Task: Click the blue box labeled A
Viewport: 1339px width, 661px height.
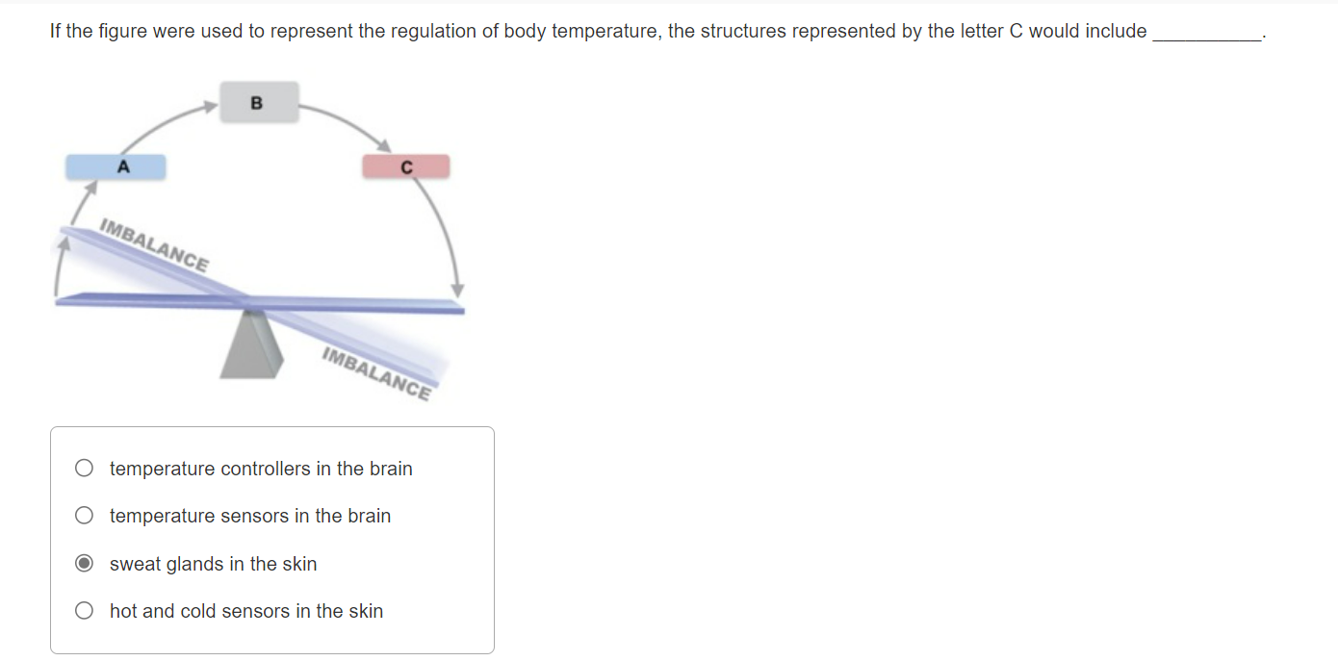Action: point(116,166)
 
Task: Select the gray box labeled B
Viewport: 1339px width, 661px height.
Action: point(259,102)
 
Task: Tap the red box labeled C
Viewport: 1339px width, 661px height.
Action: point(405,166)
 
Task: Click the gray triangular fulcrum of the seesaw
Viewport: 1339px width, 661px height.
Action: point(251,344)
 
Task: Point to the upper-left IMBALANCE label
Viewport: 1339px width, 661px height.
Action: point(154,246)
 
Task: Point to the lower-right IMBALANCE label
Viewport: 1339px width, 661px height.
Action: point(376,372)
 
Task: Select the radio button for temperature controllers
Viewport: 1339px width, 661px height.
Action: point(85,469)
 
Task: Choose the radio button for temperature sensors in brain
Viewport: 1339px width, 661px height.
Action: point(85,516)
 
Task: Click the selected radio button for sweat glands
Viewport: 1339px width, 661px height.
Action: point(85,564)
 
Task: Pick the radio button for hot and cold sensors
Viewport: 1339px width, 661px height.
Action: point(85,611)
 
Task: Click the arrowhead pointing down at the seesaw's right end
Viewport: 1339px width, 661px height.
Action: point(458,290)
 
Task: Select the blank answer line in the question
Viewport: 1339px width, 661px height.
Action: point(1206,37)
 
